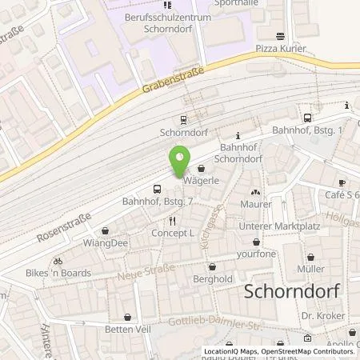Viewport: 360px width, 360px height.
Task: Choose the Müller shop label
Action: (310, 268)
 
